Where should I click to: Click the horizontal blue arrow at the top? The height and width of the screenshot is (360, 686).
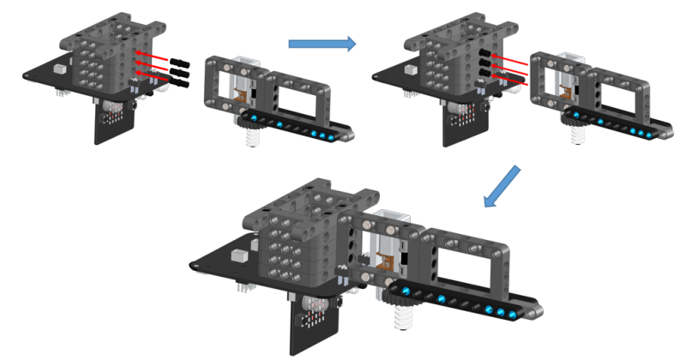[x=321, y=43]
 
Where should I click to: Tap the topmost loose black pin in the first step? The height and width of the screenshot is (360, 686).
[x=179, y=63]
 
